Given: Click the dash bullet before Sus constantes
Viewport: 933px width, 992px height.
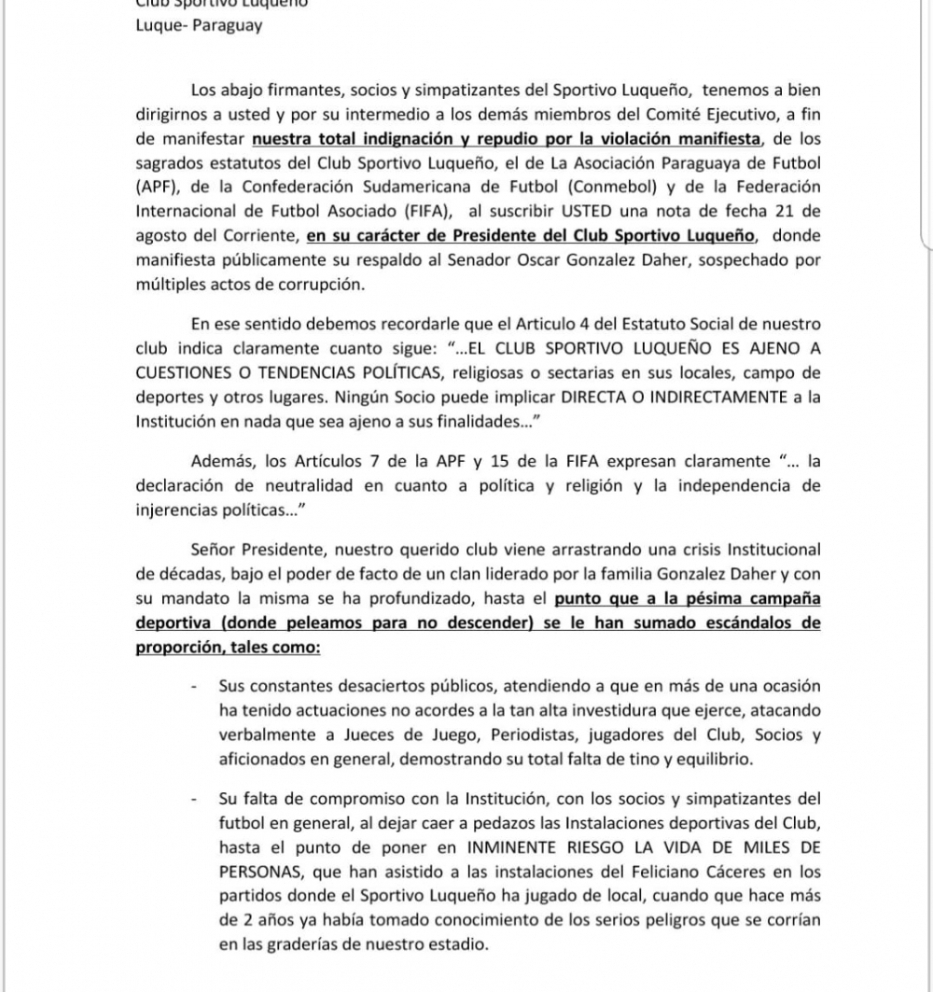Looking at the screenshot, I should [x=194, y=686].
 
